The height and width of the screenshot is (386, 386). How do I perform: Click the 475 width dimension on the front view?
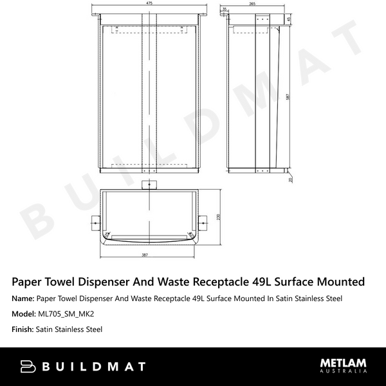[149, 4]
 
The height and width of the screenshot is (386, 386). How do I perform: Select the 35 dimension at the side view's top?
[224, 9]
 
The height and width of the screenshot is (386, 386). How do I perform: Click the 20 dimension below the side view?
[290, 180]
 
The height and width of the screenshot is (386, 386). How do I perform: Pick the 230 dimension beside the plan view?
[219, 217]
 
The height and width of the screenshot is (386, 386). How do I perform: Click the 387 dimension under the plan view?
[149, 256]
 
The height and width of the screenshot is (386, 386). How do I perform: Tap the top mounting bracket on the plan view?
[149, 185]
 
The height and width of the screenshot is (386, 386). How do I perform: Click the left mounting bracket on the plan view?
[95, 225]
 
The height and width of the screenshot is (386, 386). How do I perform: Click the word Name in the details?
[23, 299]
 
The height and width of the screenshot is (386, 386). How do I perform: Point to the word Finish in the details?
[24, 329]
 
